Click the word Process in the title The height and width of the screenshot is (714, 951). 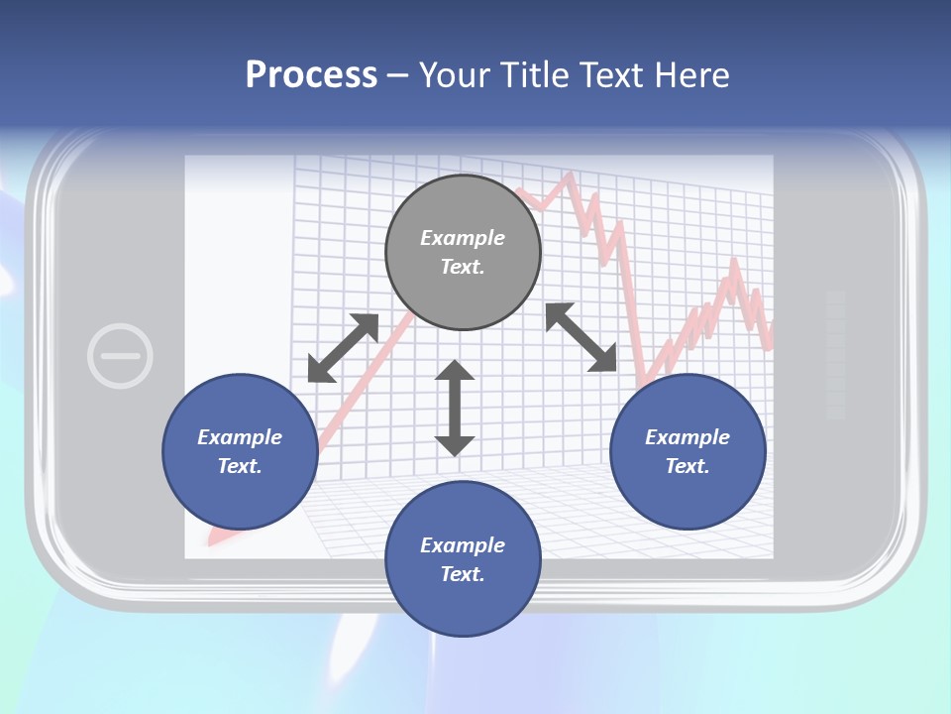click(311, 75)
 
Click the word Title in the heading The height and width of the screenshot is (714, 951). click(533, 75)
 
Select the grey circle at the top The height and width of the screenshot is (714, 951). click(463, 252)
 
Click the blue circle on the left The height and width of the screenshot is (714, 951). click(240, 451)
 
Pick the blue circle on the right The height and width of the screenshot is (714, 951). click(687, 451)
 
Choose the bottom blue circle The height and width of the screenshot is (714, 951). click(463, 559)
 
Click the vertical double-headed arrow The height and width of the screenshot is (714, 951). click(455, 408)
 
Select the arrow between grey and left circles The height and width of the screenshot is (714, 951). click(344, 348)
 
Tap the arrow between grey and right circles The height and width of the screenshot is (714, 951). click(581, 337)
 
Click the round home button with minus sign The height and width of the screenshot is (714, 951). click(120, 355)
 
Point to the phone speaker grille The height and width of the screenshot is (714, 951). click(835, 354)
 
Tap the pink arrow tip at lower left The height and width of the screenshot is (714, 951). click(212, 540)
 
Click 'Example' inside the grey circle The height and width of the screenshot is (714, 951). click(463, 238)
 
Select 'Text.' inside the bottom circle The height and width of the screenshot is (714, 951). click(463, 574)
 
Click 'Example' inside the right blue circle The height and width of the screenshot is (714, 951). click(687, 437)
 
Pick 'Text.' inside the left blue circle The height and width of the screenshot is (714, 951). click(240, 466)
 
